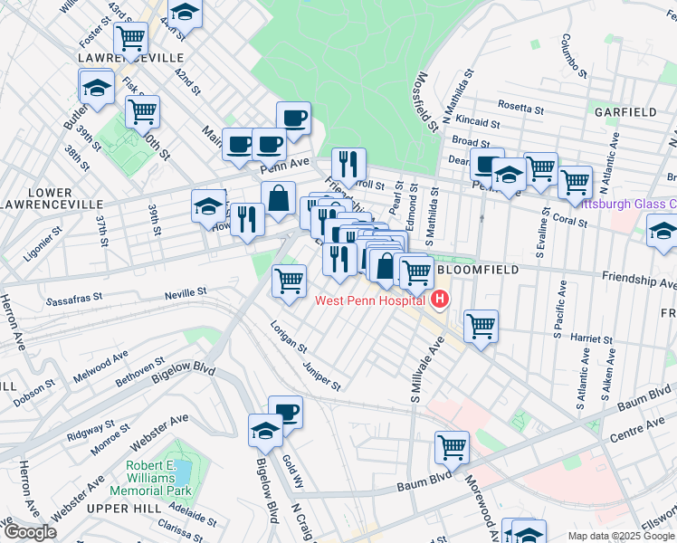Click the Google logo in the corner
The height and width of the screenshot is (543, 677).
(x=30, y=532)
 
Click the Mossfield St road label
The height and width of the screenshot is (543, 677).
(x=421, y=100)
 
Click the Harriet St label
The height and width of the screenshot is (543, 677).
(x=593, y=339)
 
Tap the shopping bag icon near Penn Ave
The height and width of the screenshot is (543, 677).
(x=278, y=197)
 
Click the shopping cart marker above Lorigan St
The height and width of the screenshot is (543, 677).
(x=289, y=280)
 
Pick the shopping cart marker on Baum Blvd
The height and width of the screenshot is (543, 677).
(x=452, y=446)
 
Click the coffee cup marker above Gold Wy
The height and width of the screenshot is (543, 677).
(x=286, y=412)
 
